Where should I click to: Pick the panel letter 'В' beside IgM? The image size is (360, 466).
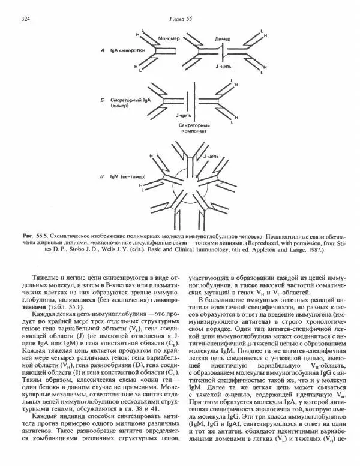(103, 177)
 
